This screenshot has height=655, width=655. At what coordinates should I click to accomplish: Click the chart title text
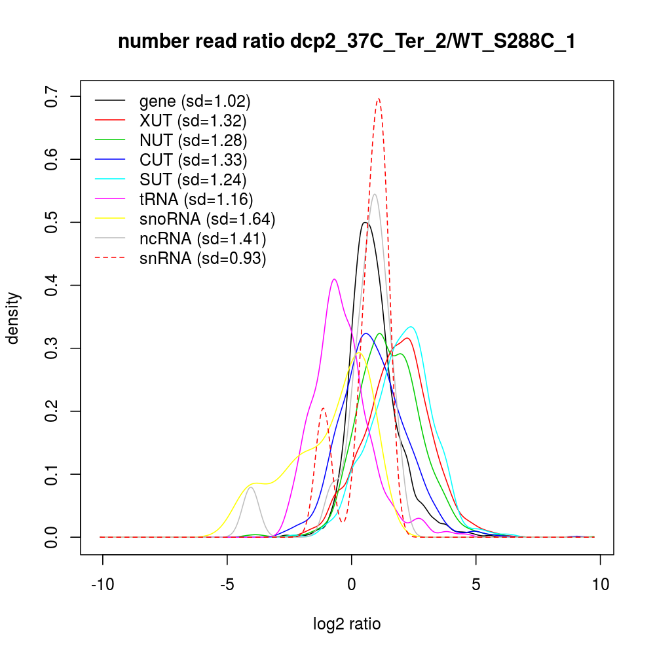346,42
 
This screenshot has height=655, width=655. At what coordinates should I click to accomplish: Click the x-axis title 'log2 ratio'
346,624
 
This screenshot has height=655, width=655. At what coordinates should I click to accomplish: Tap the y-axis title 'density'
13,318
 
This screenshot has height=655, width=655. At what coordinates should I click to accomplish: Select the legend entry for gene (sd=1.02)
195,102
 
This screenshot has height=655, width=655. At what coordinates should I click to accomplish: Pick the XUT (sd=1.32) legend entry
193,121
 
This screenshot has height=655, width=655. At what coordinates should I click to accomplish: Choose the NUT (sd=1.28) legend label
193,140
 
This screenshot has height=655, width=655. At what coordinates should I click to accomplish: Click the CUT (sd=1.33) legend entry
193,160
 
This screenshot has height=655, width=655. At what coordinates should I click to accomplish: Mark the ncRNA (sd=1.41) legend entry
202,238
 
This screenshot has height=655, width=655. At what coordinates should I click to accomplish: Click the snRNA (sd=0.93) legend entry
202,258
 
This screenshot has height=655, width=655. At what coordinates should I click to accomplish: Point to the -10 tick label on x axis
103,584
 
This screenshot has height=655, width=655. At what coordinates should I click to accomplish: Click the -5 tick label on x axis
227,584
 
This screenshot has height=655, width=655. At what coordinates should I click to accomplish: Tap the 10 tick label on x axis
601,584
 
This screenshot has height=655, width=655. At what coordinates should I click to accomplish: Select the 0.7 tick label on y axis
52,96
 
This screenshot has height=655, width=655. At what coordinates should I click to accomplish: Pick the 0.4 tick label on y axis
52,286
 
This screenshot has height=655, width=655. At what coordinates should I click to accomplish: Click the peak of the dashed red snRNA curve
378,99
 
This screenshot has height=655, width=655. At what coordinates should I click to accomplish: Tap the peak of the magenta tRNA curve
335,279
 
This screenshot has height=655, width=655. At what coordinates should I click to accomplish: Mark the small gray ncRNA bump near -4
251,487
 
